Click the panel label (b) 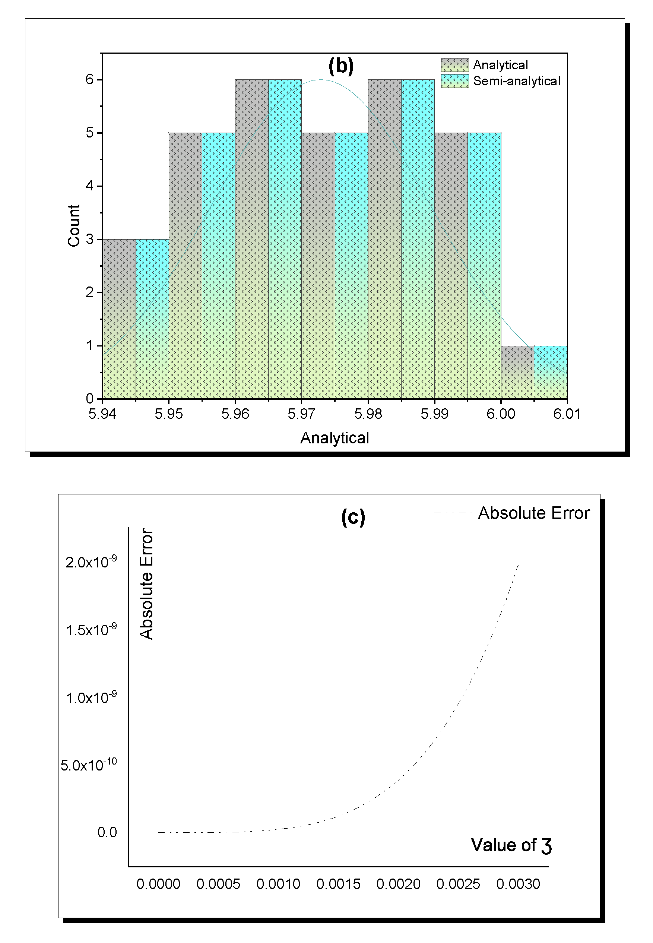[341, 66]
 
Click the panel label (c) [353, 517]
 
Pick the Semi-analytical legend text [516, 81]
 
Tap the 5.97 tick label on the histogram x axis [301, 414]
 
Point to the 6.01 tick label [567, 414]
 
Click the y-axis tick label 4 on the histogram [90, 186]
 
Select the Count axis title [74, 225]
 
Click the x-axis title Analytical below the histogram [334, 438]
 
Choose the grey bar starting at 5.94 [119, 319]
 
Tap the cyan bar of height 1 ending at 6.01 [550, 372]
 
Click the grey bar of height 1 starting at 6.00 [517, 372]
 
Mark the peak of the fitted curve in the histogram [321, 80]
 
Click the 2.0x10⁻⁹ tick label [91, 562]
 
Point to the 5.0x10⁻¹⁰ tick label [88, 765]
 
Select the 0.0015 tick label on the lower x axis [338, 884]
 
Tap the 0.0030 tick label [518, 884]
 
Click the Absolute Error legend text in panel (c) [533, 513]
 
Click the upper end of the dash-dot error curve [519, 565]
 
